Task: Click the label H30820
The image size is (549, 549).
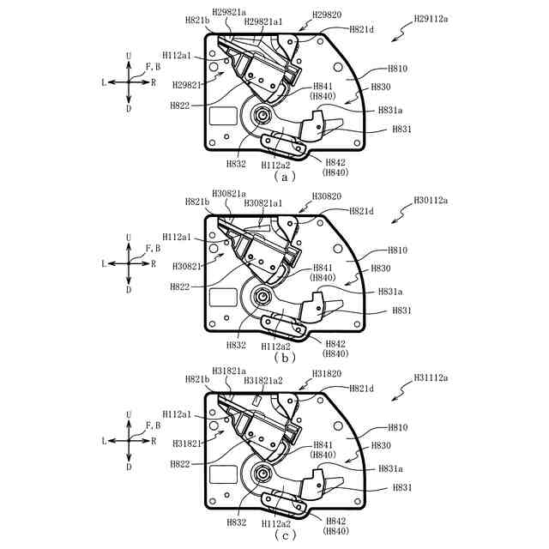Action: point(327,196)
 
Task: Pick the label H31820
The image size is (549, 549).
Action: point(328,374)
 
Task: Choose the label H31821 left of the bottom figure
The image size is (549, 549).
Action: point(187,443)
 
